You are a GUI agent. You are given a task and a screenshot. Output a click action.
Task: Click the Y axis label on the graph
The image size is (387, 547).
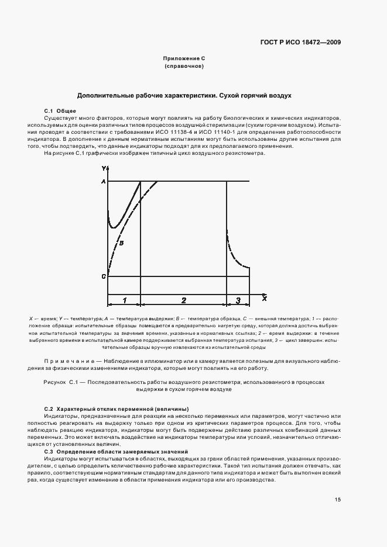103,168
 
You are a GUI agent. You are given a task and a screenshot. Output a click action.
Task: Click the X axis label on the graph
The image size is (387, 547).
264,299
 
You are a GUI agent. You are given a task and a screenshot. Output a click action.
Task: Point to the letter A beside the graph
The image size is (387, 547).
103,182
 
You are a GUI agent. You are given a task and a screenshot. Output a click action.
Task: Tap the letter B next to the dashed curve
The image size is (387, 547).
122,241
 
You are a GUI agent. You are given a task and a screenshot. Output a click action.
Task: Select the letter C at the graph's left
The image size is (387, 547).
103,275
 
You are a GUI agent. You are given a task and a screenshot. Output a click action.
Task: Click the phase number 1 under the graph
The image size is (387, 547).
124,300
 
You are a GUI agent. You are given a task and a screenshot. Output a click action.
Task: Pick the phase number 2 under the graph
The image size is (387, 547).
183,300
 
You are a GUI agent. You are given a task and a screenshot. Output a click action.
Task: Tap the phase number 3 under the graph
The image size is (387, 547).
238,300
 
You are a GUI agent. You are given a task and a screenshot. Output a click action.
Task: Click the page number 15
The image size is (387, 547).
338,499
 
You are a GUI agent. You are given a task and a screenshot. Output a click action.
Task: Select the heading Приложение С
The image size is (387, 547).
184,59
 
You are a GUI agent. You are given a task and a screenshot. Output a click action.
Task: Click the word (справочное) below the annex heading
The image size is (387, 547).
184,67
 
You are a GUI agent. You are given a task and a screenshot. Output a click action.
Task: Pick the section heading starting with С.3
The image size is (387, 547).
108,452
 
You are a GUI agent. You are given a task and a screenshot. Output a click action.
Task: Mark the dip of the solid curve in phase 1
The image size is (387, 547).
115,226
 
